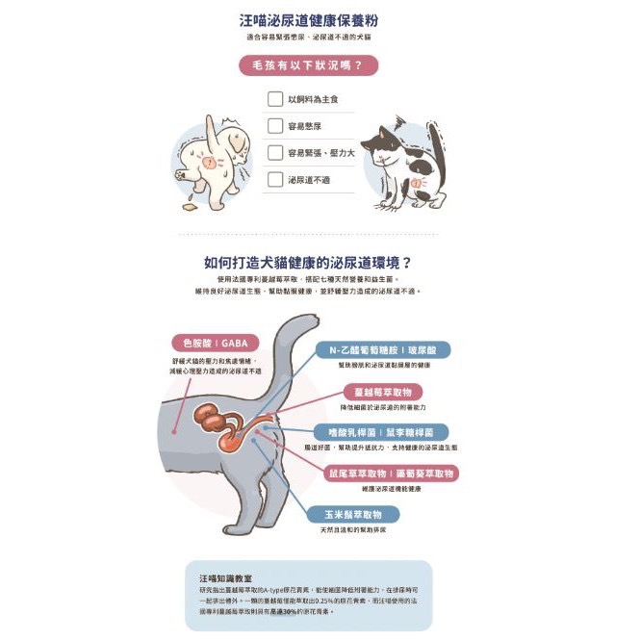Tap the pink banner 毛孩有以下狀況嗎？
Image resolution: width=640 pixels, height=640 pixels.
308,65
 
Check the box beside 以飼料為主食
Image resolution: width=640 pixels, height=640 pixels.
274,99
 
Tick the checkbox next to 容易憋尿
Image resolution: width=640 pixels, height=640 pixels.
274,126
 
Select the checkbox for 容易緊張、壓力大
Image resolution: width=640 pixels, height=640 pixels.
274,153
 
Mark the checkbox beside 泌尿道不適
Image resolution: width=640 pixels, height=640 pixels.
274,179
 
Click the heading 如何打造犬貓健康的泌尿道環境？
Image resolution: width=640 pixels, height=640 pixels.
308,262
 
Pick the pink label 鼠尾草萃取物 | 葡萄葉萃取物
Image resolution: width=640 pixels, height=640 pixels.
390,474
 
